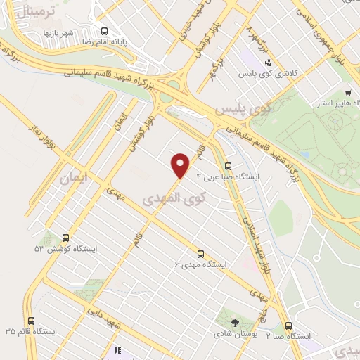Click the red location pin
181,165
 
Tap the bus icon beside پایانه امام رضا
104,30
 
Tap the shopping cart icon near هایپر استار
348,93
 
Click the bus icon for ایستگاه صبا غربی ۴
227,167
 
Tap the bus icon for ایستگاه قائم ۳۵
29,318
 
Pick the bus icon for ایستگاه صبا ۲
288,325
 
